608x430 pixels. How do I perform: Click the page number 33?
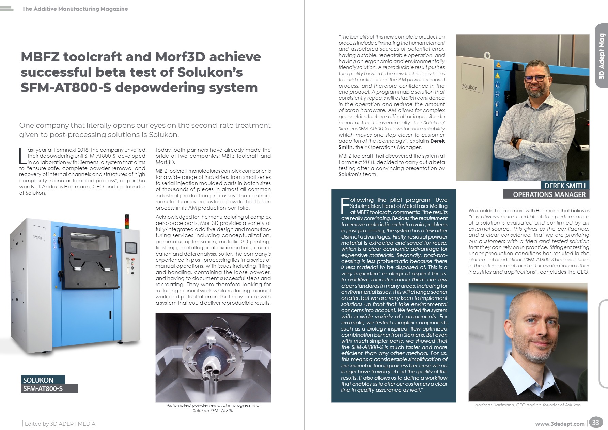[595, 423]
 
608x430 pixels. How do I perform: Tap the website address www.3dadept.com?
[560, 424]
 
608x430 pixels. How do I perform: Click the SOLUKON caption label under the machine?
[38, 380]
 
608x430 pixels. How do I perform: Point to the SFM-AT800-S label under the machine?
[43, 388]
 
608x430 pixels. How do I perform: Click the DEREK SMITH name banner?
[565, 186]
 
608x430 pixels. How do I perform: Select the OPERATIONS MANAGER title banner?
[549, 194]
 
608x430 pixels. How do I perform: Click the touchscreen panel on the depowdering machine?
[131, 248]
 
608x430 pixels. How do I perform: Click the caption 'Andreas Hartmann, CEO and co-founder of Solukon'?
[528, 405]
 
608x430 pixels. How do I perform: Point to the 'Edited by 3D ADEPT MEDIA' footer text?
[60, 424]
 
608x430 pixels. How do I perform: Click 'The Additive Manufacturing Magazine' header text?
[75, 9]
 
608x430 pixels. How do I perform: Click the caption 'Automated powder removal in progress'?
[213, 408]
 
